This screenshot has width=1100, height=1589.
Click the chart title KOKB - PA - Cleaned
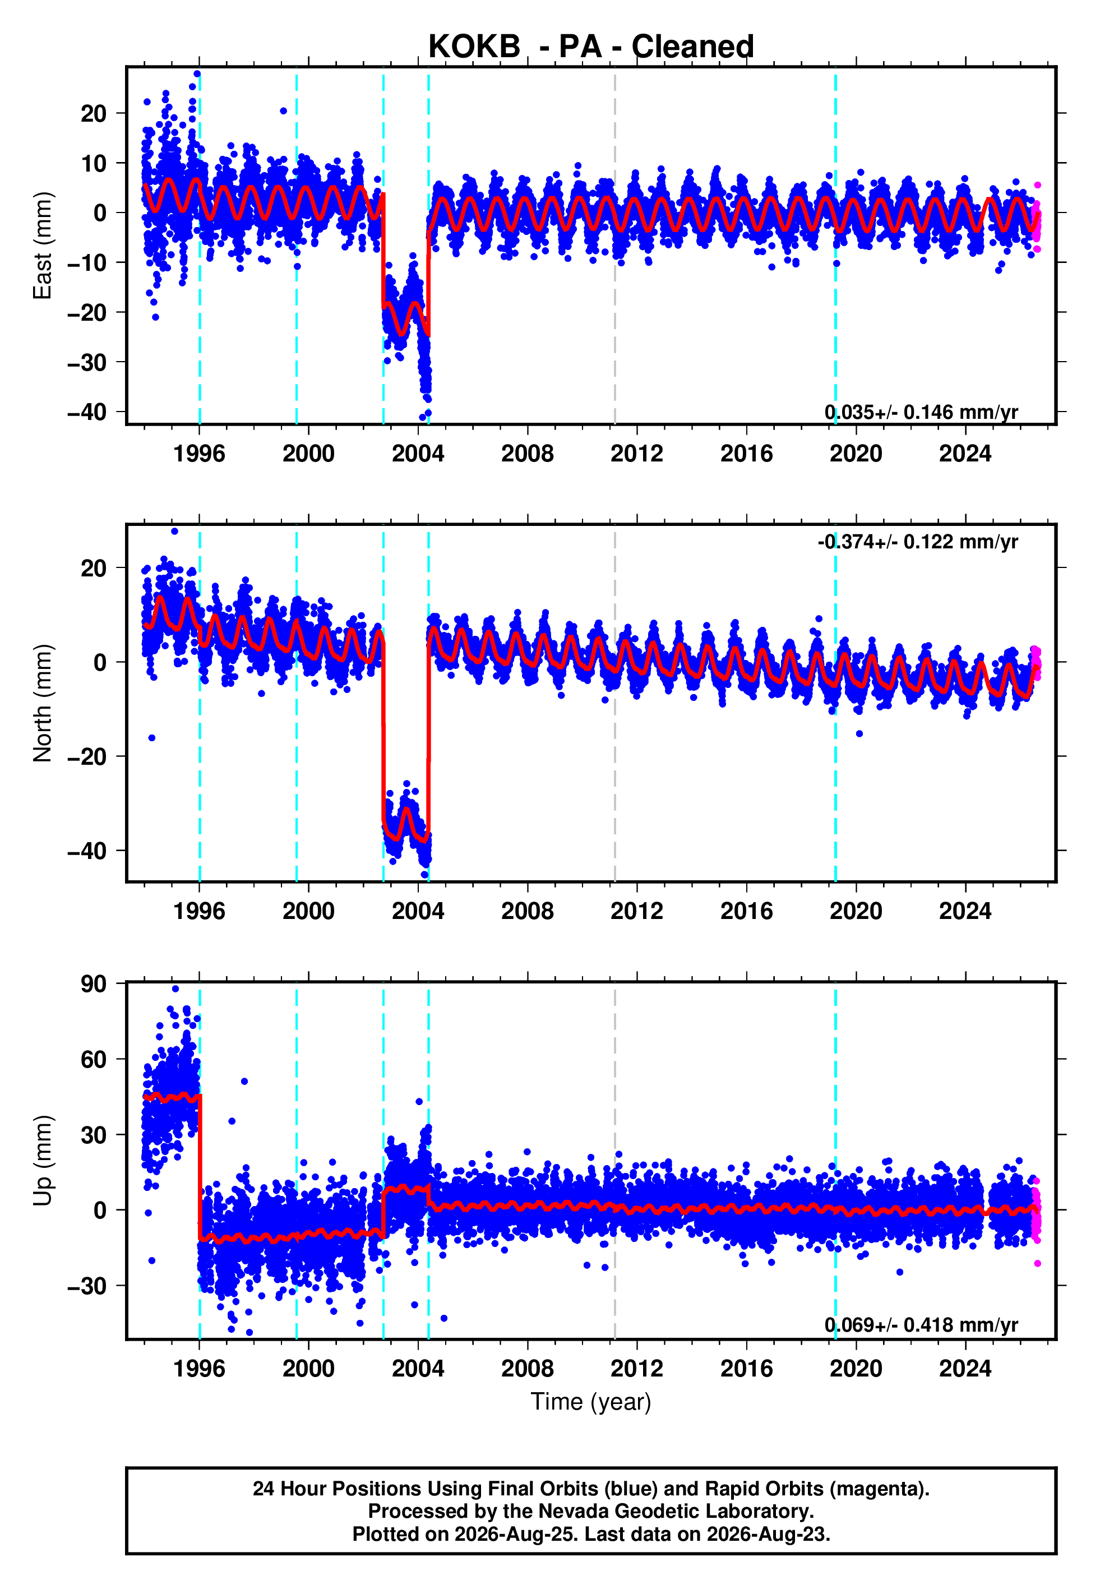coord(591,47)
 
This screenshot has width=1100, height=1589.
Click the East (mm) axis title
coord(42,246)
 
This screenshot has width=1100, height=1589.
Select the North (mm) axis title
coord(42,703)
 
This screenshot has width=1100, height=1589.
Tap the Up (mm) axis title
coord(42,1161)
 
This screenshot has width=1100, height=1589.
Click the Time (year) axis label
coord(591,1402)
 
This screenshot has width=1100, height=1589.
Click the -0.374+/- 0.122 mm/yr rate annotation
coord(917,542)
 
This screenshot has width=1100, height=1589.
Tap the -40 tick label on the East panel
coord(87,412)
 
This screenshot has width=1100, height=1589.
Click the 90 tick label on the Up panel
coord(94,984)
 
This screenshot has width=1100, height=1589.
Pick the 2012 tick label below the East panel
coord(637,454)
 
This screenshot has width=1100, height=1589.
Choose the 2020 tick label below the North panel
coord(856,911)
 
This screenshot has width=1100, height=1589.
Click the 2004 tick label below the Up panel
coord(418,1369)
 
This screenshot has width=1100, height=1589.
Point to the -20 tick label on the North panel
coord(87,756)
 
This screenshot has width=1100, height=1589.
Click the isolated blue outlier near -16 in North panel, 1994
coord(151,738)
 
